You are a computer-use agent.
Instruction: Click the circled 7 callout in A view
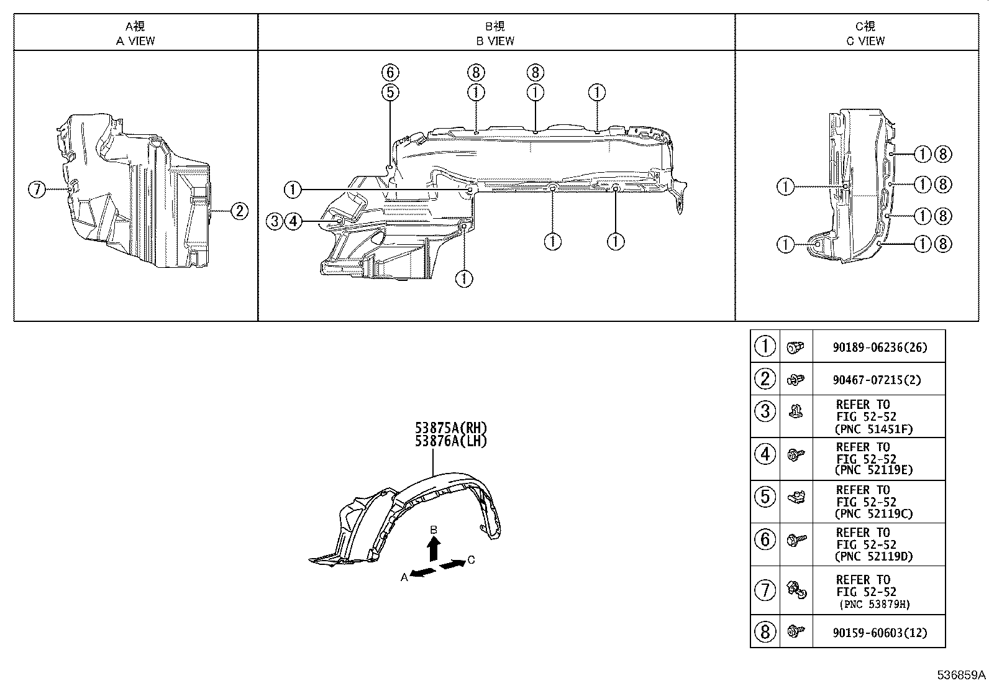[37, 189]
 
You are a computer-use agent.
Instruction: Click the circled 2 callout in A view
[239, 211]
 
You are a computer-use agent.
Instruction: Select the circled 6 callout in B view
[390, 72]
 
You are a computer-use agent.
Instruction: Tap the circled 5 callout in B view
[390, 93]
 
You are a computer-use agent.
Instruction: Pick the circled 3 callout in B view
[275, 221]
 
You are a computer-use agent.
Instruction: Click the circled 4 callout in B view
[294, 221]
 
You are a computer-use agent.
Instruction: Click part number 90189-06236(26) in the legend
[880, 348]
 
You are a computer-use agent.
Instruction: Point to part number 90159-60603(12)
[880, 633]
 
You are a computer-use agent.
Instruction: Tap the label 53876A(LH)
[450, 441]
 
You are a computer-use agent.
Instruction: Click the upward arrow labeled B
[434, 549]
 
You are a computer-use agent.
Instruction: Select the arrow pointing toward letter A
[423, 572]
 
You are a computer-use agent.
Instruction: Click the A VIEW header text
[135, 41]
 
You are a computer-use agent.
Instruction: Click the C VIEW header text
[865, 41]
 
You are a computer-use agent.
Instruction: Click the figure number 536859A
[962, 674]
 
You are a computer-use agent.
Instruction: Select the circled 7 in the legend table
[765, 590]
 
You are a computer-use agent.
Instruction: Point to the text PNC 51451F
[875, 429]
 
